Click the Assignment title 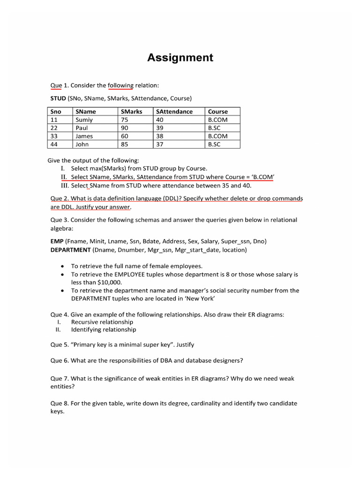[x=180, y=58]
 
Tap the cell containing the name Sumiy [x=84, y=120]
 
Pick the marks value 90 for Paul [x=125, y=128]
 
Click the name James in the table [x=84, y=136]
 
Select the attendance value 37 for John [x=160, y=145]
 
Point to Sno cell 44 [x=54, y=145]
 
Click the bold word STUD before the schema [x=58, y=98]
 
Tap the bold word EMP [x=57, y=241]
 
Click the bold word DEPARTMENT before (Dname [x=70, y=250]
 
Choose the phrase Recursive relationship [x=102, y=322]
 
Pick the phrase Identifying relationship [x=104, y=330]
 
